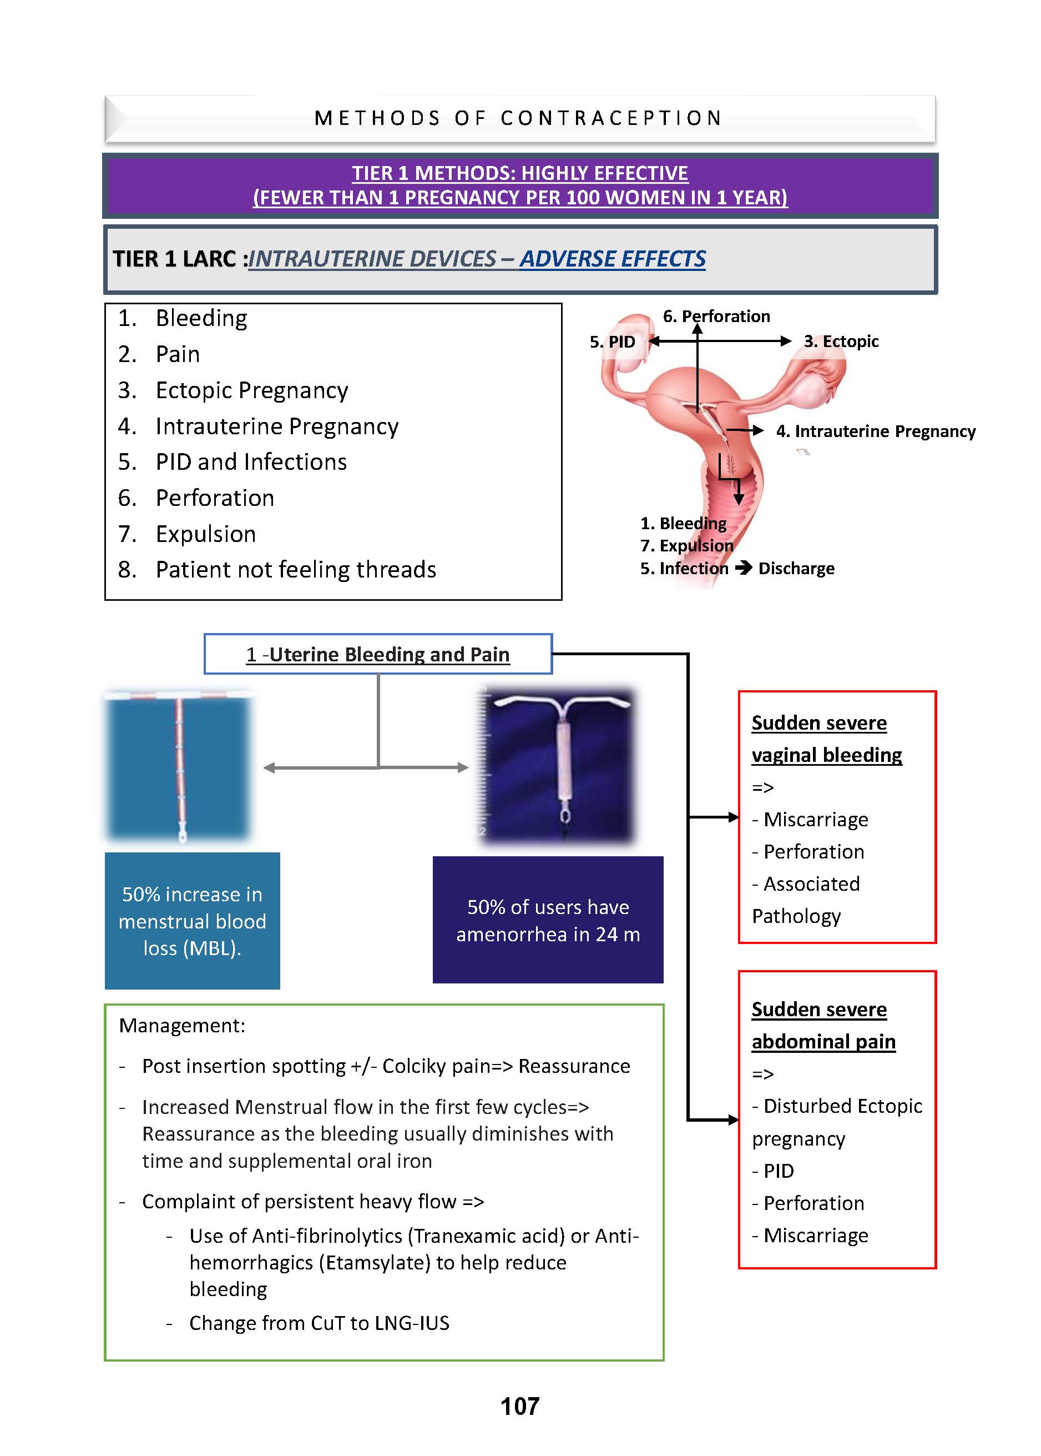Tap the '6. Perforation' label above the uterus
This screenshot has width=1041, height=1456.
(716, 316)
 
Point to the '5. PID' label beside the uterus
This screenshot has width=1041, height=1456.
(612, 342)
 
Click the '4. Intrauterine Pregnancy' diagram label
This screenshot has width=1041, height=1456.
(875, 431)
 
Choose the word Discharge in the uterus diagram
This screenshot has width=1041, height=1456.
(796, 568)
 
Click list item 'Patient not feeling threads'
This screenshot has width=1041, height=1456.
(296, 570)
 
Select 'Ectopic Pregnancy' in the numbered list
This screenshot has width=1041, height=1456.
(251, 390)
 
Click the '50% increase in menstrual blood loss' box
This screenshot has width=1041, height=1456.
(193, 921)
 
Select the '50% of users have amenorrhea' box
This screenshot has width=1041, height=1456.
(548, 920)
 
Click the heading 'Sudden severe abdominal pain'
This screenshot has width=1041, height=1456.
(823, 1025)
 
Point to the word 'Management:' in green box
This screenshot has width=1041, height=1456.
(182, 1025)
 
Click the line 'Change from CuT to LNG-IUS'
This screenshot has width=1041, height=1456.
(319, 1323)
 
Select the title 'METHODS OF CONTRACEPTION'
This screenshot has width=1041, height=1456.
(519, 118)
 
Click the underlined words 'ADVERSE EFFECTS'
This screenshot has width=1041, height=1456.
(612, 258)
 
